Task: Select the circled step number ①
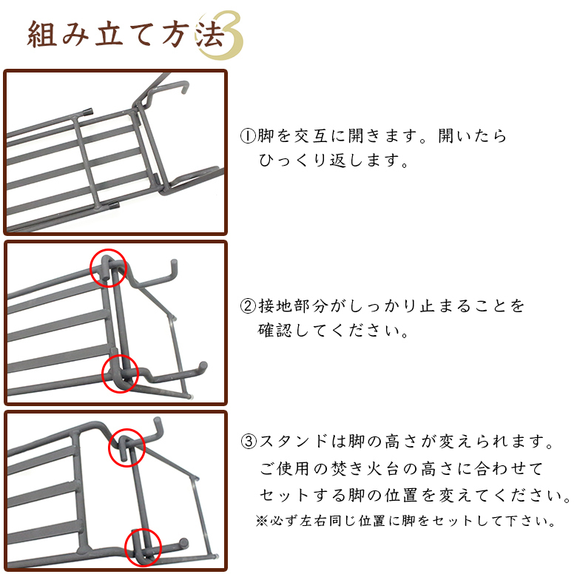coord(248,137)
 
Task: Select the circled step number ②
coord(248,306)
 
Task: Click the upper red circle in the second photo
coord(109,267)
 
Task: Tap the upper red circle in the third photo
coord(127,447)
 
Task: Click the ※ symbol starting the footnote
coord(261,521)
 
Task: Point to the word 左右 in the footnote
coord(314,521)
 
